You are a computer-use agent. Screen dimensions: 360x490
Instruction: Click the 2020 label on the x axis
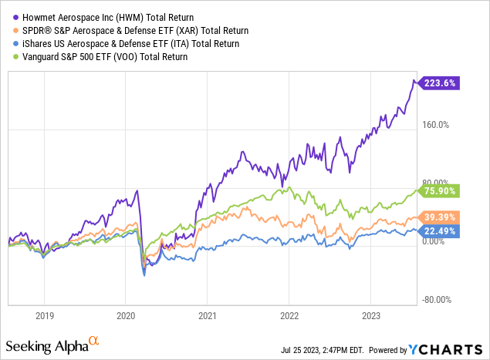(126, 315)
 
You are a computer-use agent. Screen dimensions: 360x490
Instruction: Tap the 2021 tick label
(208, 315)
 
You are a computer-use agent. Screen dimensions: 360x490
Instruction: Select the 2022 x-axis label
(289, 315)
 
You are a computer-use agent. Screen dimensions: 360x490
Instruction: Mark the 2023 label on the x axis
(370, 315)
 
